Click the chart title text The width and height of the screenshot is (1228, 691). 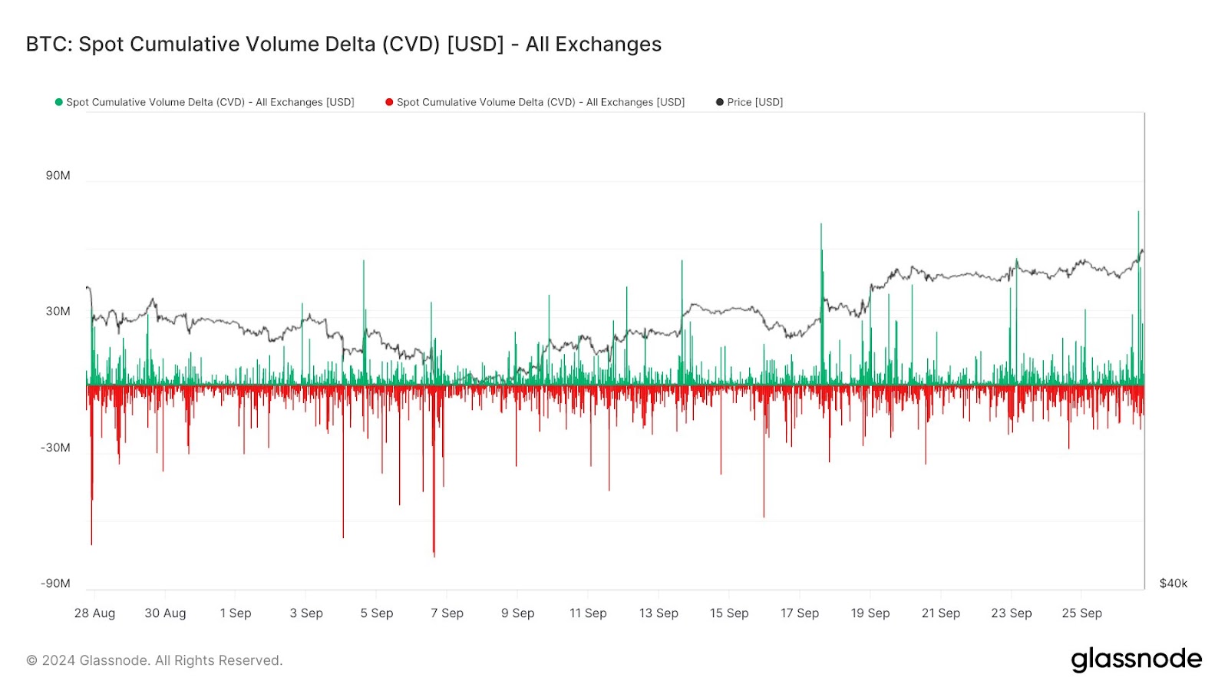point(343,45)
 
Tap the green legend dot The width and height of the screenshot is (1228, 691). point(58,102)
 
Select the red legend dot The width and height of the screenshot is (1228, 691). point(389,102)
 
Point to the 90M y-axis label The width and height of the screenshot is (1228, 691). point(58,176)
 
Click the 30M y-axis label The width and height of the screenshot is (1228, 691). point(58,311)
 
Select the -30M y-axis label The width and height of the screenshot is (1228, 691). point(55,448)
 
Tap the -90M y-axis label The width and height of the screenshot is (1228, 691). point(55,584)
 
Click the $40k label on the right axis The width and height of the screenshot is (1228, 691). point(1173,584)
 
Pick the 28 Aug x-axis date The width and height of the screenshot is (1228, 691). point(94,613)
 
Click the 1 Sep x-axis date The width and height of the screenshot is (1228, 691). point(236,613)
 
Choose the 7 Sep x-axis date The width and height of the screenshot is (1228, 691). point(447,613)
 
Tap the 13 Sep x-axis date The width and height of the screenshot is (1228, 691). point(659,613)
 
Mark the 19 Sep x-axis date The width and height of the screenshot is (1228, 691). point(870,613)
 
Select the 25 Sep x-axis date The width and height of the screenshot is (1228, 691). point(1081,613)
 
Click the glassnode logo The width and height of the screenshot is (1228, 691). point(1136,660)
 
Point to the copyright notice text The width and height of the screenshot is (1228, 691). point(154,660)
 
